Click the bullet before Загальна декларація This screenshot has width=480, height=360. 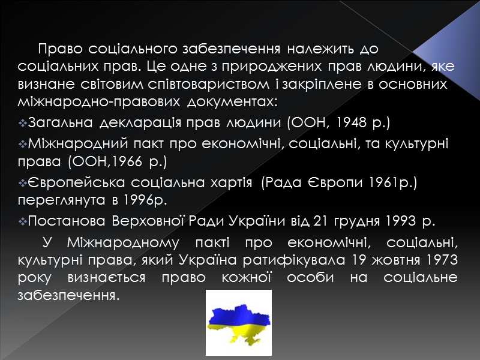(23, 124)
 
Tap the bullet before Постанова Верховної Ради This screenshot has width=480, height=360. (23, 221)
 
